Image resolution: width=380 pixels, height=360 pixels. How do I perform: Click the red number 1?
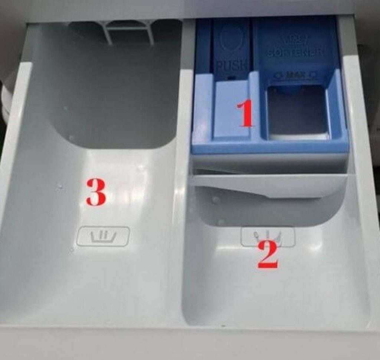coord(245,114)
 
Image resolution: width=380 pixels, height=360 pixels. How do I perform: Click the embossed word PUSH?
coord(231,66)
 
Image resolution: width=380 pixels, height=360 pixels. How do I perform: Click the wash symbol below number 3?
coord(103,236)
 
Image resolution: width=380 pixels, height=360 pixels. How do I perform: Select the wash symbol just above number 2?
coord(268,237)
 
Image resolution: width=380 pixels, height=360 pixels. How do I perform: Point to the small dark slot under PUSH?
coord(232,78)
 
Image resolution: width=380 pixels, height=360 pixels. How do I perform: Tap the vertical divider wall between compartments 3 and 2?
coord(184,186)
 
